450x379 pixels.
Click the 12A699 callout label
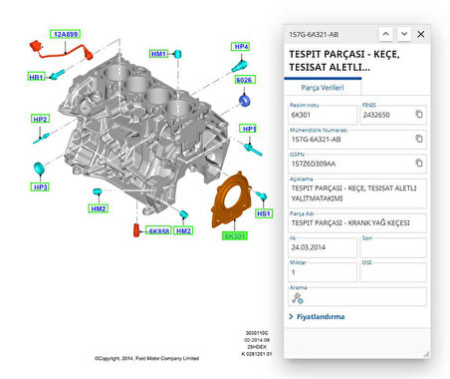point(66,33)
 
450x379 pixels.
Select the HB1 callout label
point(36,77)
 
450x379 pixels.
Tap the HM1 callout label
point(159,53)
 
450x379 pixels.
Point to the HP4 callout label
point(241,47)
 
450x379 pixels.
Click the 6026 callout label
point(244,80)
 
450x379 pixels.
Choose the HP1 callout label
point(249,130)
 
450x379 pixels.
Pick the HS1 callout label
point(264,213)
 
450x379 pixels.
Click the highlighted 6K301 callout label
point(235,235)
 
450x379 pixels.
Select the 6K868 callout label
point(157,230)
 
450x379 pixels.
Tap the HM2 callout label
point(99,208)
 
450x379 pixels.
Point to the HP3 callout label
point(41,187)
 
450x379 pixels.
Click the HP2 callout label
point(40,120)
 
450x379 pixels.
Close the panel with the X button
point(420,34)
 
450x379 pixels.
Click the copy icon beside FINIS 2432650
point(419,115)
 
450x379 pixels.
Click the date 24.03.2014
point(309,247)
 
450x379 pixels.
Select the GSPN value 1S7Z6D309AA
point(314,165)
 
